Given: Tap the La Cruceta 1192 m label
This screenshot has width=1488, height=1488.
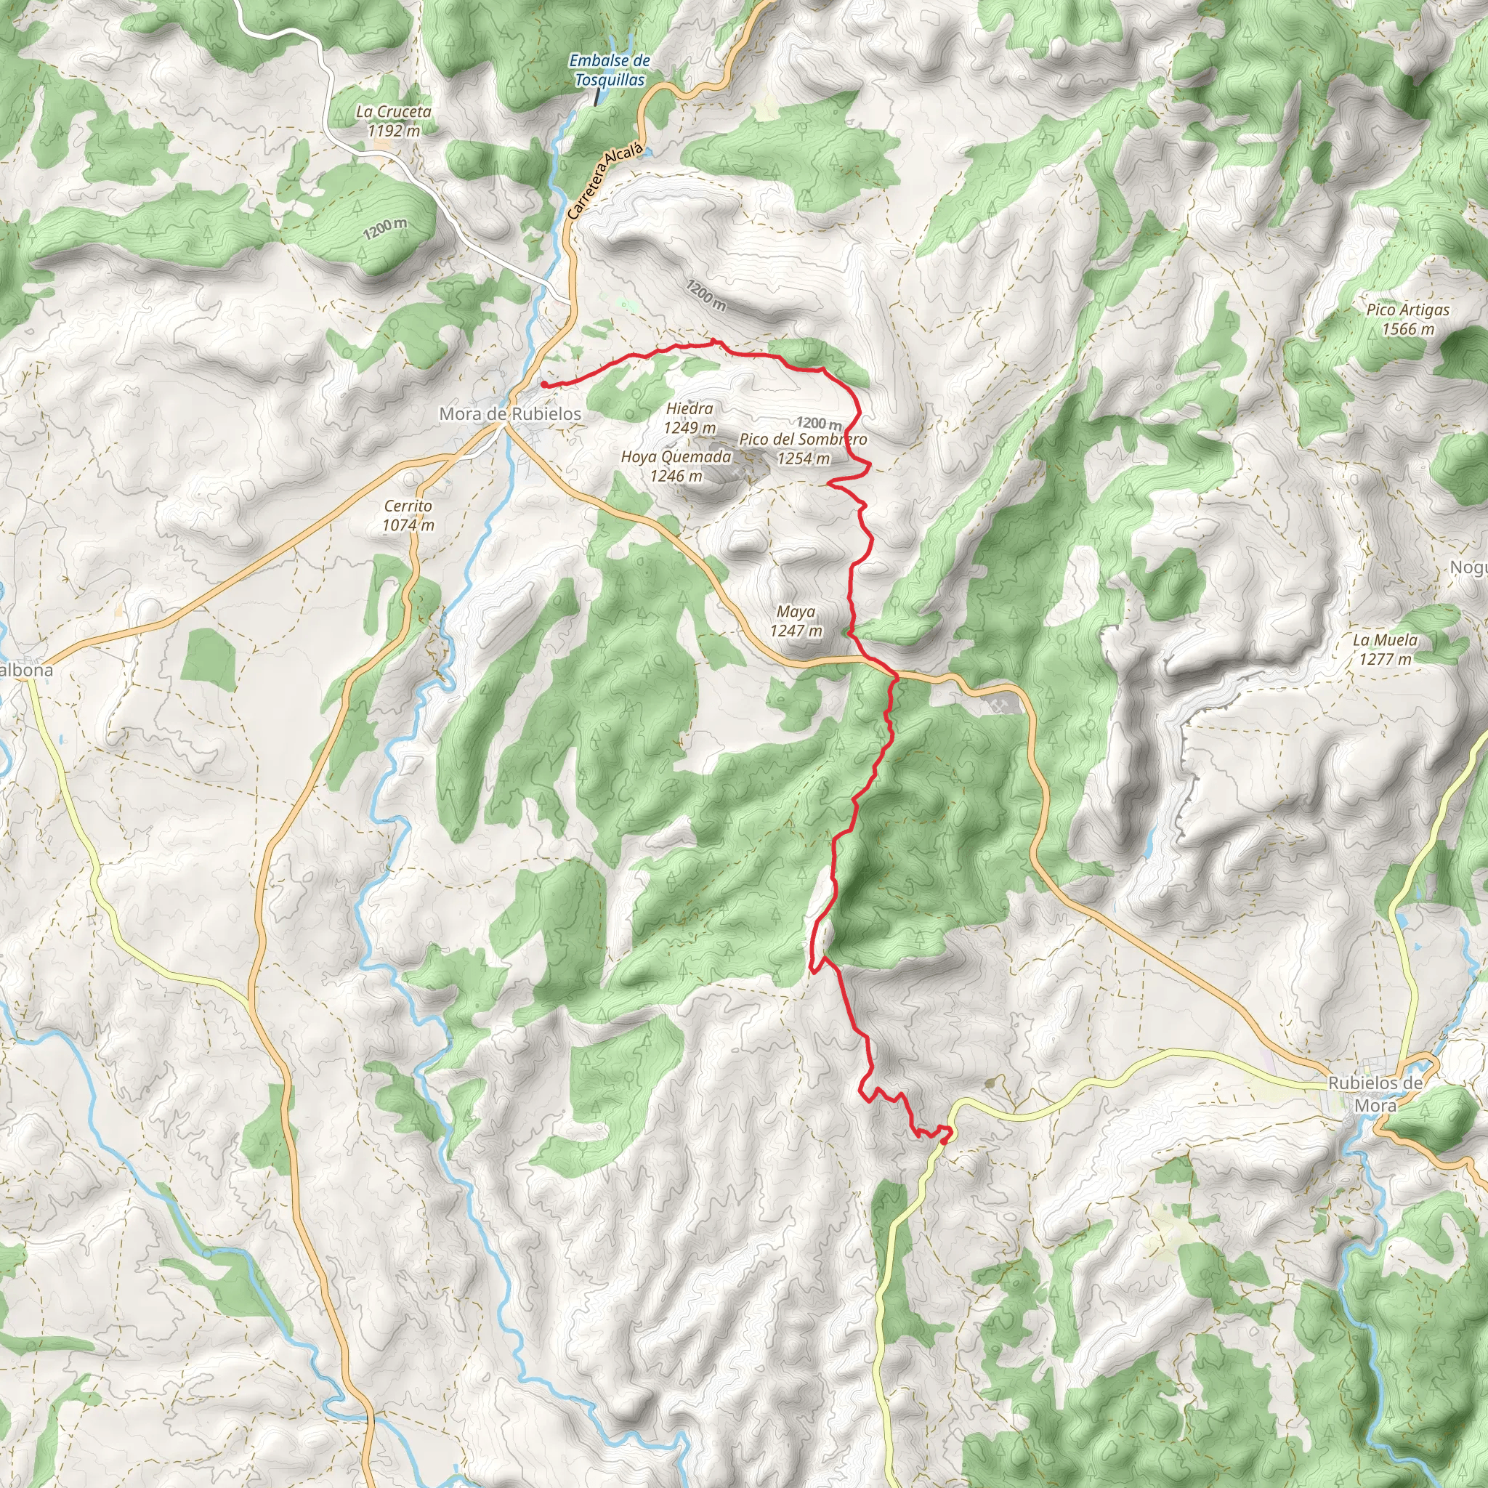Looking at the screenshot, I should pos(394,121).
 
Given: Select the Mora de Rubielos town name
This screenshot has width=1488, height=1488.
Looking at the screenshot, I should pos(510,414).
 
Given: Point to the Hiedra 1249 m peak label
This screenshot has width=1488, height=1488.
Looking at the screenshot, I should pos(690,418).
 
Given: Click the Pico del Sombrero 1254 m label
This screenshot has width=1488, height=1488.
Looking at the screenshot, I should pos(803,448).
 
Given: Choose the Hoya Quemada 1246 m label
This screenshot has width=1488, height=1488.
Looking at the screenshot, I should pos(676,466).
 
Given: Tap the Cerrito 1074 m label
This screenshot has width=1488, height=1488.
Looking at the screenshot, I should pos(408,515).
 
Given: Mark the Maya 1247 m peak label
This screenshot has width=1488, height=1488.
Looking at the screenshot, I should pos(796,620).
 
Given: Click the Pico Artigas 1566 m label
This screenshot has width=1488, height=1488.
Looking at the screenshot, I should pos(1408,319).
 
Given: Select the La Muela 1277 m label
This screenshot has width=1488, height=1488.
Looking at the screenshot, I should pos(1385,650).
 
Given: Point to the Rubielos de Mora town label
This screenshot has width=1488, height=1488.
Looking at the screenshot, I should pos(1375,1093).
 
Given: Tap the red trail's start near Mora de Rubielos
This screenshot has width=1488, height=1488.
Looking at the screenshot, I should pos(543,384).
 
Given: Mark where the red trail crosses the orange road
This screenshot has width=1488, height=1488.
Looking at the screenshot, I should pos(894,676).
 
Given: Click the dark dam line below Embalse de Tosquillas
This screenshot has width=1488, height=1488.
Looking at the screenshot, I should pos(598,97).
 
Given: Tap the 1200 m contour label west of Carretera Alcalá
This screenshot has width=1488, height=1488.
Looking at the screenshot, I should pos(385,227).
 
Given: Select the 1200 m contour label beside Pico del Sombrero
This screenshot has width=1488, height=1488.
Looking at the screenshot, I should pos(819,423).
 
